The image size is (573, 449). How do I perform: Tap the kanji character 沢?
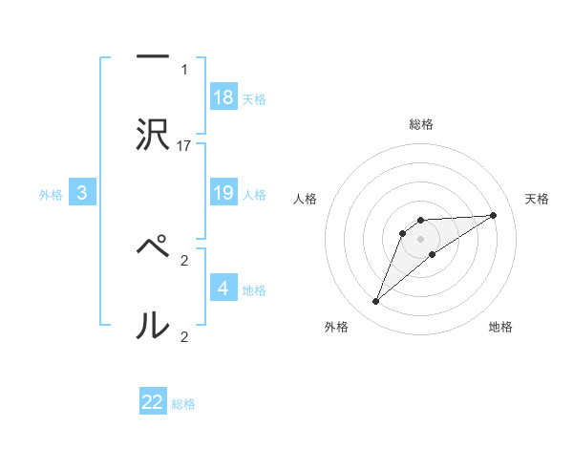pos(153,135)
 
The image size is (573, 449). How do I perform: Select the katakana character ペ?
pos(153,248)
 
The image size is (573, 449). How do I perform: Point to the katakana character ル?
pos(153,325)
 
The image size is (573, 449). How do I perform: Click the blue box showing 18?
pos(223,97)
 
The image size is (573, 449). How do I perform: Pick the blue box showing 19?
pos(223,193)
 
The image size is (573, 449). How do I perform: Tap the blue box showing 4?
pos(223,288)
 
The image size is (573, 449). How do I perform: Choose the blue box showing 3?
pos(82,193)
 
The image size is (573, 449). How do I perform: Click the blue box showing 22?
pos(153,402)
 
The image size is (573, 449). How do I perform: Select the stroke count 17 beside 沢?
pos(184,146)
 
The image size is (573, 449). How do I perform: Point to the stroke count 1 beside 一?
pos(183,70)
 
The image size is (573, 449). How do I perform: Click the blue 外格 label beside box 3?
pos(51,194)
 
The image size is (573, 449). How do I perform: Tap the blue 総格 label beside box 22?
pos(183,404)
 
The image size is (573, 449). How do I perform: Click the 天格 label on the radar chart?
pos(537,199)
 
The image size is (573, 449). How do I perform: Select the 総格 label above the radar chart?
pos(421,124)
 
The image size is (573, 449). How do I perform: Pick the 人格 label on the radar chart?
pos(306,199)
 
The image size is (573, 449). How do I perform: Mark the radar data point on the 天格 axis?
pos(494,215)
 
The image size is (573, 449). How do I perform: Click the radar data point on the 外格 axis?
pos(376,302)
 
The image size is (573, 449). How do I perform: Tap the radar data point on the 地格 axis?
pos(433,254)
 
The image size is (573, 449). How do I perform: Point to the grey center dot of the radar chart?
pos(421,238)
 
